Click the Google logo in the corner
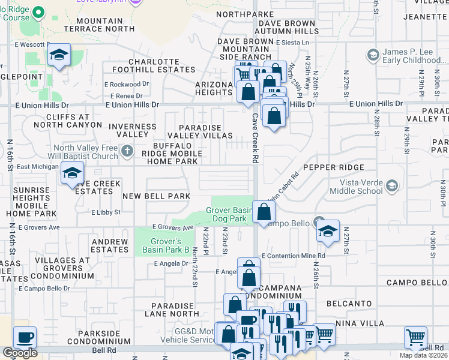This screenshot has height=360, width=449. (20, 353)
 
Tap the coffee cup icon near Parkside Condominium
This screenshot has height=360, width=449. (25, 337)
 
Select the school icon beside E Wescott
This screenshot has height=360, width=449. (59, 55)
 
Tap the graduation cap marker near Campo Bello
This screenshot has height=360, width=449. (328, 232)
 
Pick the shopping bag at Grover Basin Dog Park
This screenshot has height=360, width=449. (264, 212)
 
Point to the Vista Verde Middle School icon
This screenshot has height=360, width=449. (392, 186)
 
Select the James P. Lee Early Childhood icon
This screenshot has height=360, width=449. (373, 56)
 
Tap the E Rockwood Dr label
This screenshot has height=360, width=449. (122, 85)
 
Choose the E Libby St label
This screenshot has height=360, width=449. (106, 212)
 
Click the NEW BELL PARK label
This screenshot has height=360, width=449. (156, 196)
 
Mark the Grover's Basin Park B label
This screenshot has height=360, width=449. (161, 245)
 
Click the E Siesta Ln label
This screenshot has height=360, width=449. (292, 43)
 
